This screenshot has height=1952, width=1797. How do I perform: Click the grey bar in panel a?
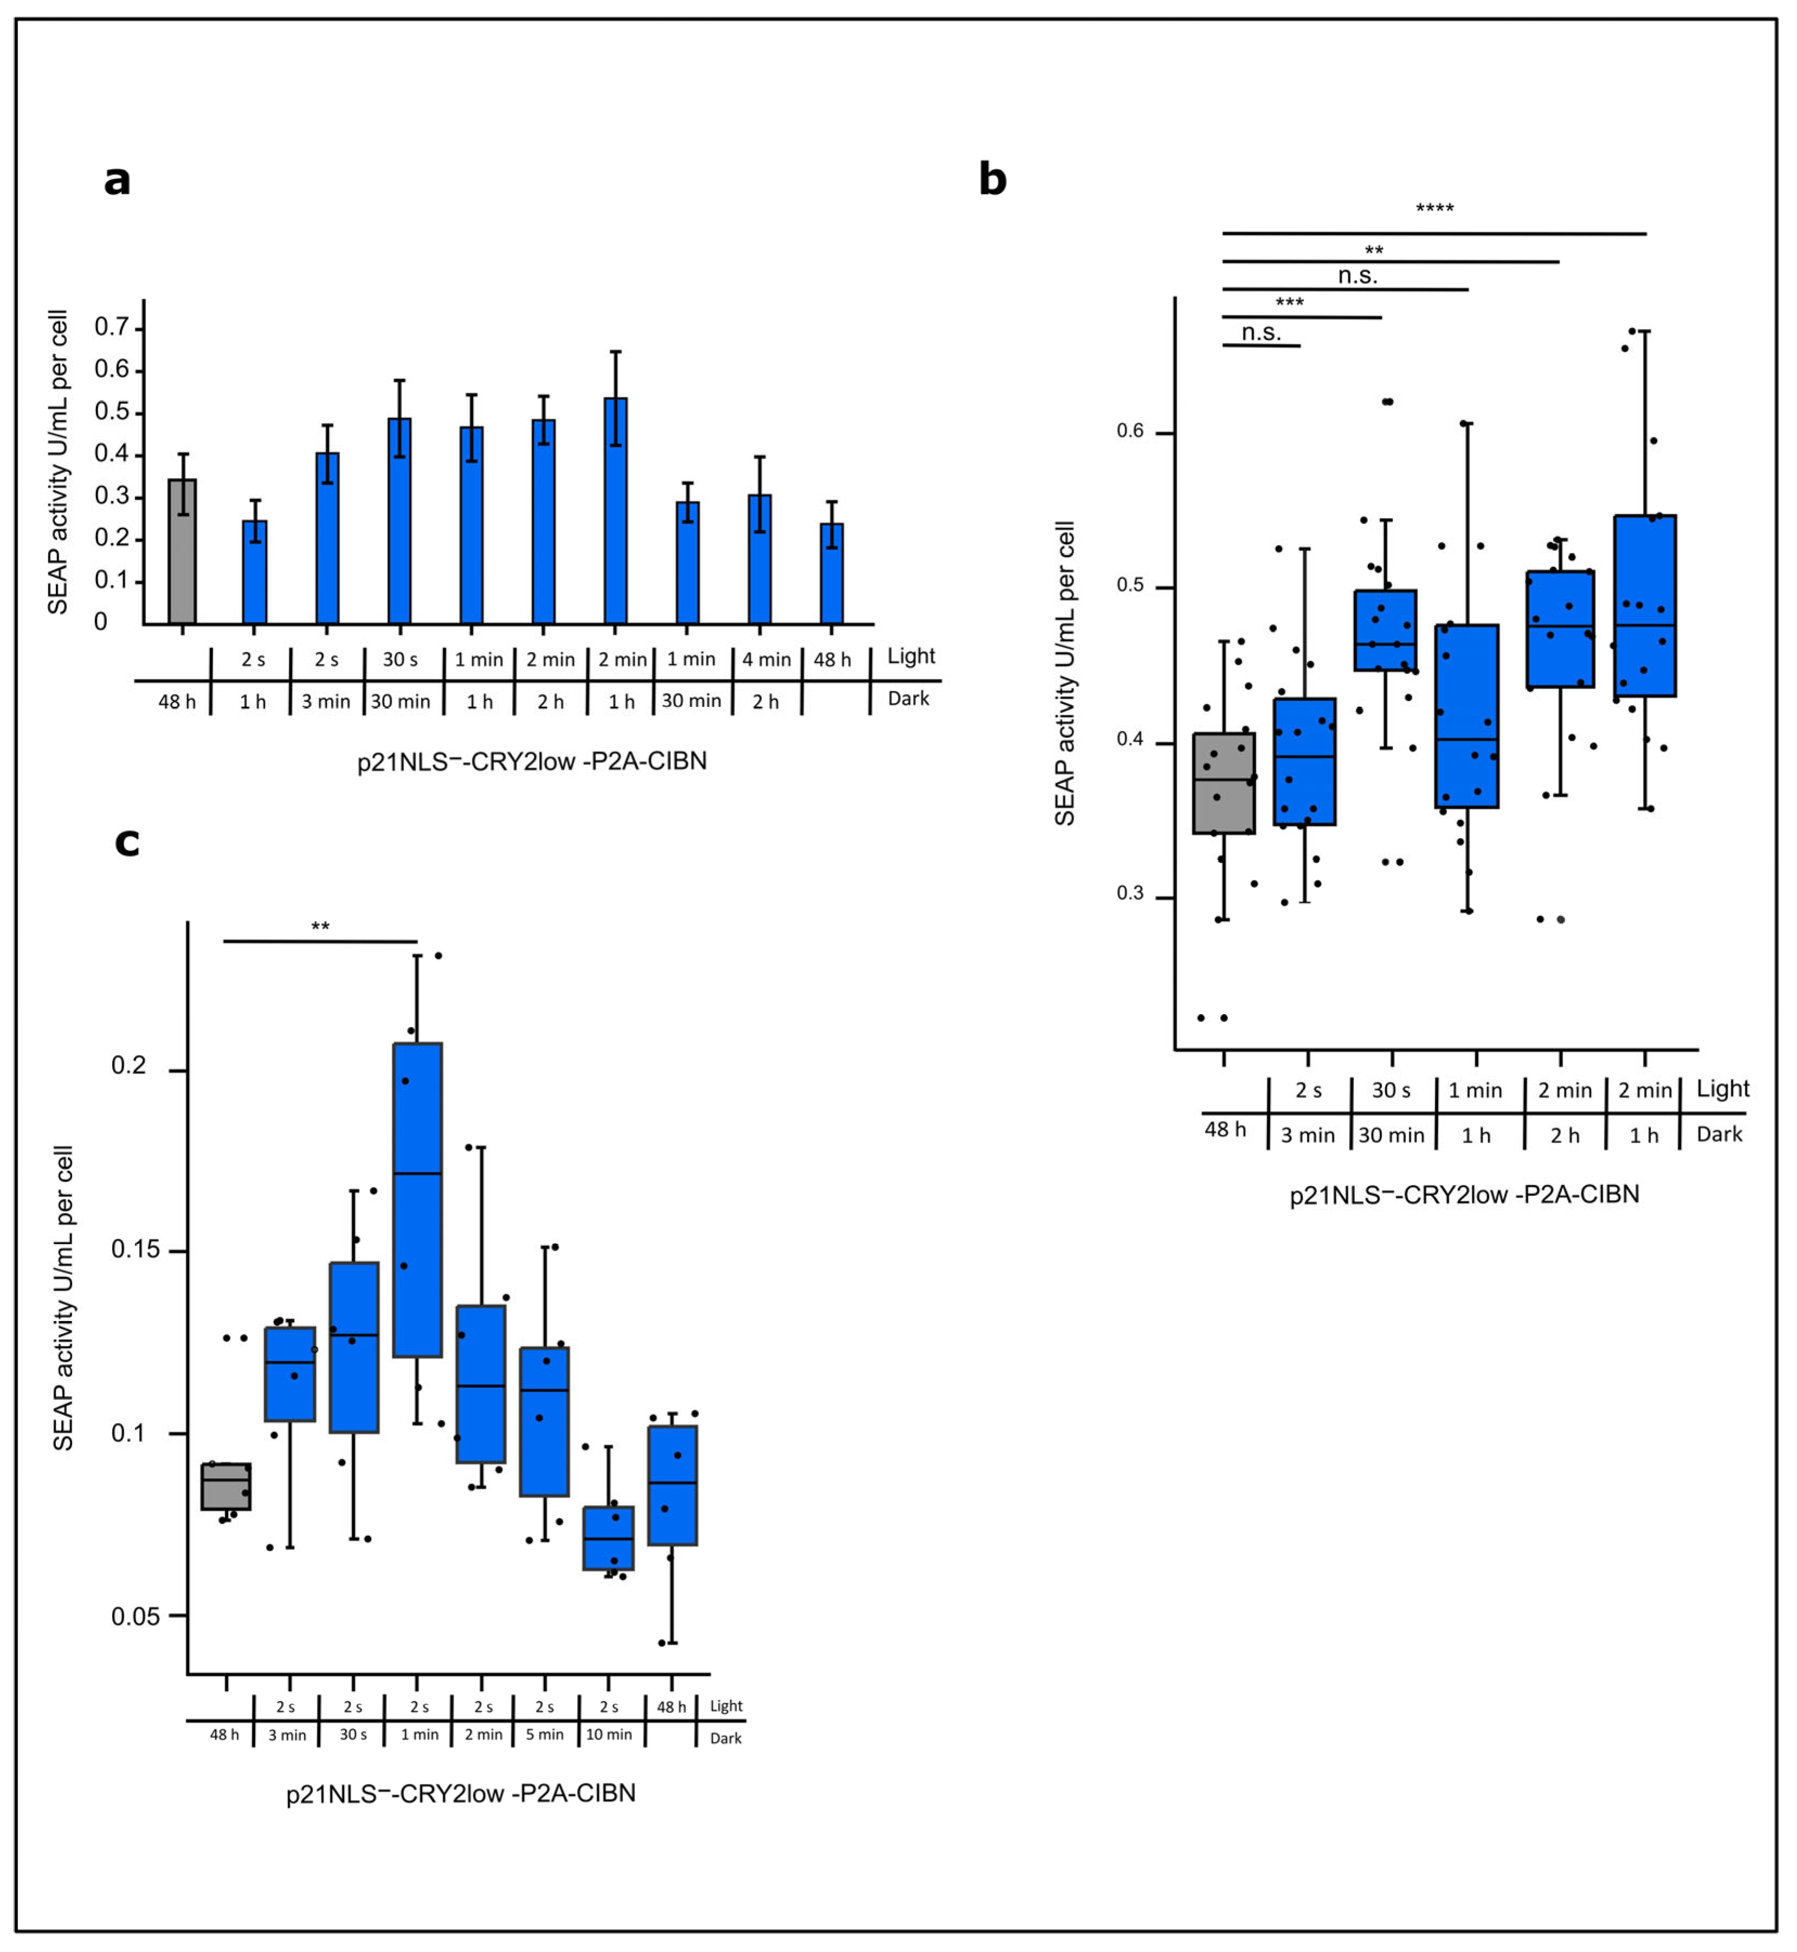[x=182, y=551]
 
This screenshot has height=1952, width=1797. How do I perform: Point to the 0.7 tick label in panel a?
[x=112, y=327]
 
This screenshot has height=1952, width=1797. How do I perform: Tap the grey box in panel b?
[x=1223, y=783]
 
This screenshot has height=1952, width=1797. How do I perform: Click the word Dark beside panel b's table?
[x=1718, y=1134]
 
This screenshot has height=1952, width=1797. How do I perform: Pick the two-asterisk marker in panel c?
[x=320, y=927]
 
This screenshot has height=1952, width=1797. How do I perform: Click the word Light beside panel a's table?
[x=910, y=656]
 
